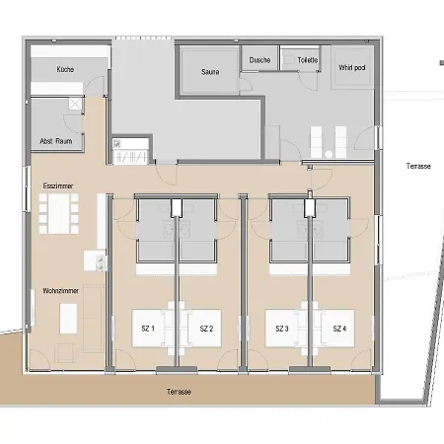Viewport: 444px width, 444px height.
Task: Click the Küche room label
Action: (x=65, y=70)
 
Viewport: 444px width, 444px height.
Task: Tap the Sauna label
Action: (x=210, y=72)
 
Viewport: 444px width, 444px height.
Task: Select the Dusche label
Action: (x=259, y=60)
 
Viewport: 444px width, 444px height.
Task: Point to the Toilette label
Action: (x=308, y=60)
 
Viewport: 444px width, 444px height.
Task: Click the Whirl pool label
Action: (x=352, y=68)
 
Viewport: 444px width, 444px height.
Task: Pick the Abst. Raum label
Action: (x=56, y=141)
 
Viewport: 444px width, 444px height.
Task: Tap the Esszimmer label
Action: (x=58, y=186)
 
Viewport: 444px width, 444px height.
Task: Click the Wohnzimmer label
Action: (x=61, y=291)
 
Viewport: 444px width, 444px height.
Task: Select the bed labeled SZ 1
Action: (x=148, y=329)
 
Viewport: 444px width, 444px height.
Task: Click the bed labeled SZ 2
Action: (x=204, y=329)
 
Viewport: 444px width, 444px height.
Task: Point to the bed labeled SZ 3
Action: (x=281, y=329)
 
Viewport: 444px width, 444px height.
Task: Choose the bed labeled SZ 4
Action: (x=338, y=329)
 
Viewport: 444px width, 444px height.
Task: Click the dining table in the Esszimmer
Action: (x=59, y=214)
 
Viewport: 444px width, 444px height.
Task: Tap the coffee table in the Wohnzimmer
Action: (x=68, y=319)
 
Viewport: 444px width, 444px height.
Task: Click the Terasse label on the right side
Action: (x=418, y=166)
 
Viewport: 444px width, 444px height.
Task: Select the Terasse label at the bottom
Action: (x=179, y=392)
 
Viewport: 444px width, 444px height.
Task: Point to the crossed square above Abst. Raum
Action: (x=75, y=104)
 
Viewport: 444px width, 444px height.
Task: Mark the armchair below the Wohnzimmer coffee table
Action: (x=65, y=353)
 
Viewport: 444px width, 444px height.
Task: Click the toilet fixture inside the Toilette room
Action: (x=289, y=60)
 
